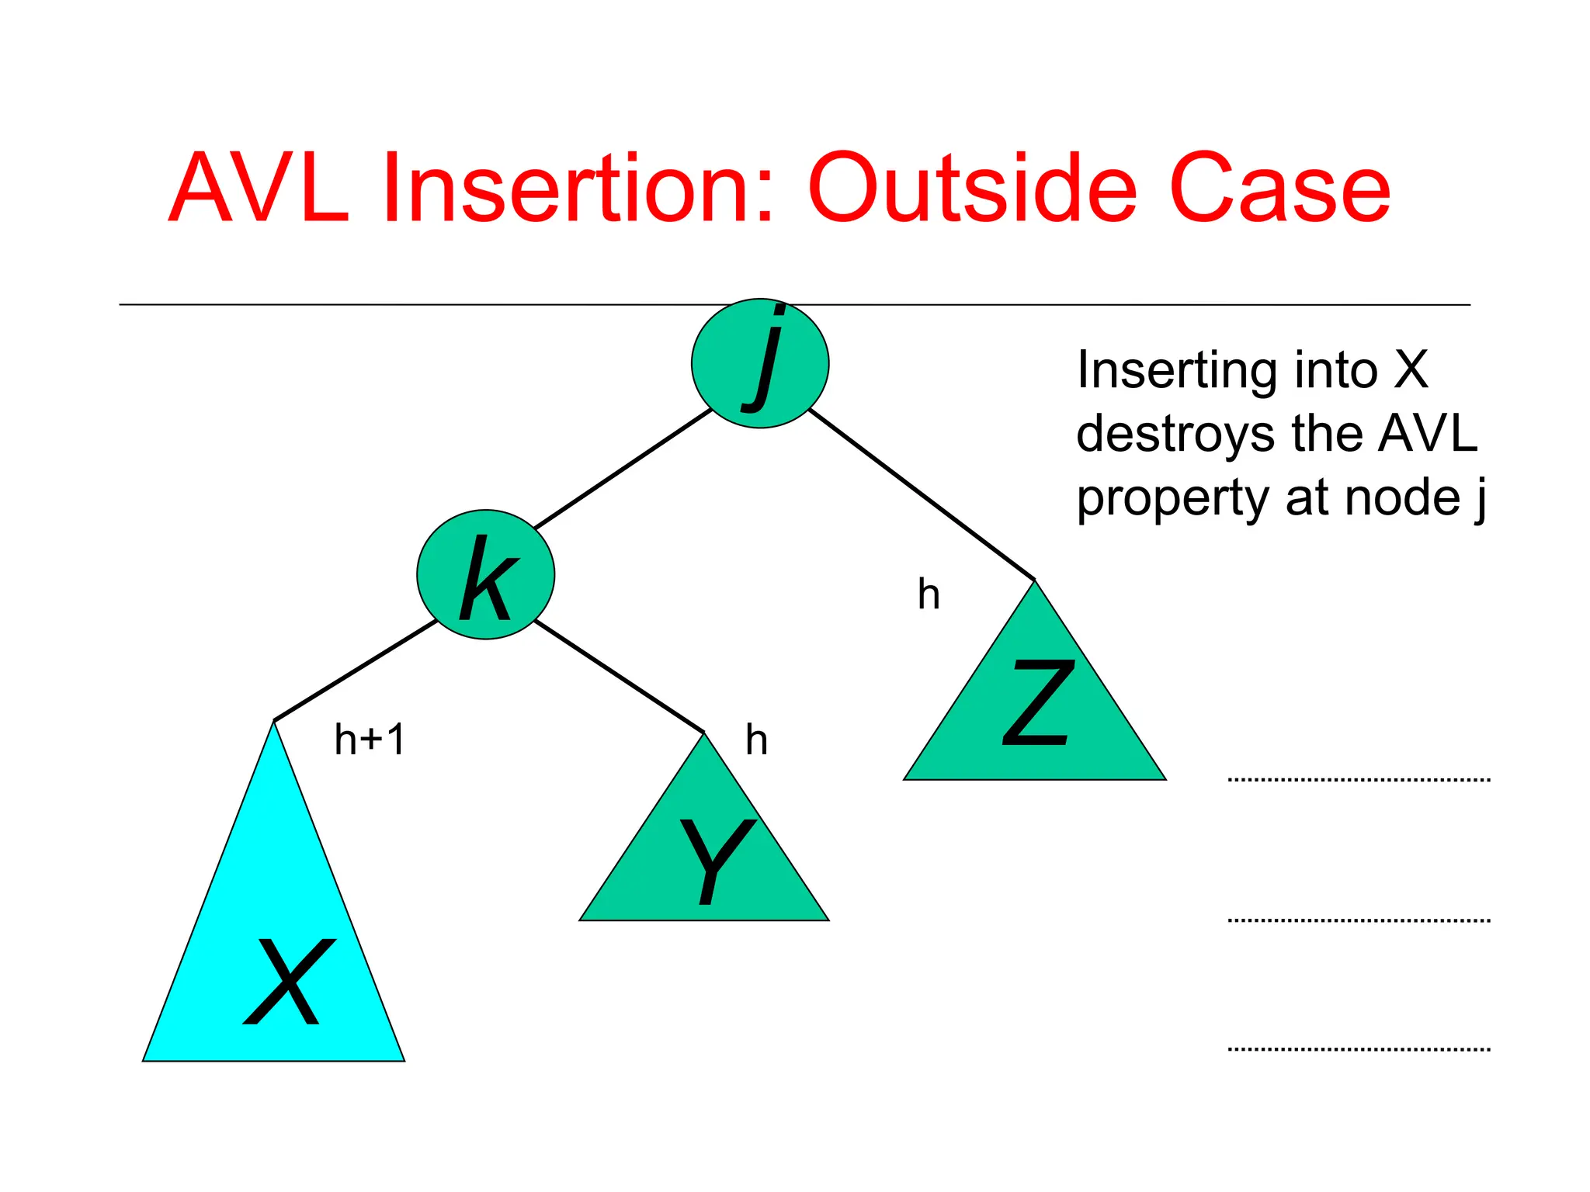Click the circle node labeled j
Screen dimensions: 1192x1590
coord(760,363)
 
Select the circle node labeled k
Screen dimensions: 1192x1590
coord(485,574)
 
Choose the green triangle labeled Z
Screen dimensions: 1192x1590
coord(1035,714)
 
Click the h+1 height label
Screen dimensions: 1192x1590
coord(370,739)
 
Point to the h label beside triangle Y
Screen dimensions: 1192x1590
coord(756,740)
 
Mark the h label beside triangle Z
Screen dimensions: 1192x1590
coord(929,594)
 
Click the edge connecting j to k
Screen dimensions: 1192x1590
coord(623,469)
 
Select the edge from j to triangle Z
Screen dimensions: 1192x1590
coord(922,494)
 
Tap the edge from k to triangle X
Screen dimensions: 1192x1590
coord(355,670)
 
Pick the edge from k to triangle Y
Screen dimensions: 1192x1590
coord(619,676)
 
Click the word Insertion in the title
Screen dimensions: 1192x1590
coord(578,189)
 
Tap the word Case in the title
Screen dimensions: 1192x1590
coord(1279,189)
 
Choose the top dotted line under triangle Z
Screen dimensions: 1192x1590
coord(1359,779)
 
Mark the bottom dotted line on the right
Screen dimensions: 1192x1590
coord(1359,1049)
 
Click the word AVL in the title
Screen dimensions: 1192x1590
coord(258,189)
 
